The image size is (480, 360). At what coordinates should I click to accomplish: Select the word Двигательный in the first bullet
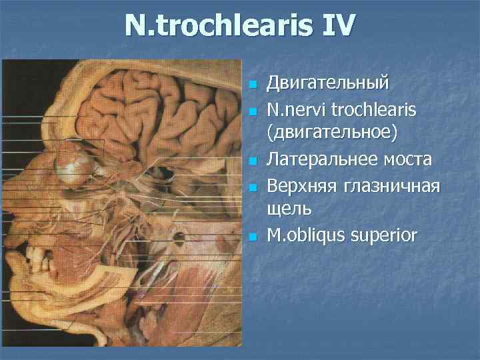[x=327, y=85]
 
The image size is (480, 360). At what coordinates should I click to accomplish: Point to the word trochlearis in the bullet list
[x=373, y=108]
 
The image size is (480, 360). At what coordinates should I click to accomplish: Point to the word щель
[x=289, y=209]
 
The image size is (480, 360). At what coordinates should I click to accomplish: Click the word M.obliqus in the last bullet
[x=303, y=235]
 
